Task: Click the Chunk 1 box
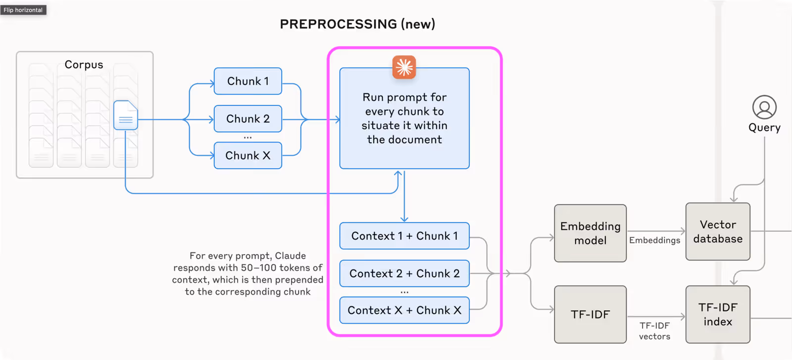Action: (247, 81)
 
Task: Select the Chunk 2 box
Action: (247, 119)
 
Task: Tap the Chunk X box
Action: (247, 155)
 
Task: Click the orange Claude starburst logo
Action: (404, 67)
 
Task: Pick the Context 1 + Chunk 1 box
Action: (404, 236)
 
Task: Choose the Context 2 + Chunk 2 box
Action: (404, 273)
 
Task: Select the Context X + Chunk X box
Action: (404, 310)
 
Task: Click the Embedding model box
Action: (590, 233)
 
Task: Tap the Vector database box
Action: (718, 232)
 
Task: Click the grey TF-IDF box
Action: (590, 314)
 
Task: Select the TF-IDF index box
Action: (718, 314)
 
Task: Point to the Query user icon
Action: (764, 107)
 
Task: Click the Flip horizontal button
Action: (23, 10)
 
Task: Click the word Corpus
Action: (84, 65)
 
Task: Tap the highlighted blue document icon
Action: (126, 115)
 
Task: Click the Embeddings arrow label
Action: (654, 240)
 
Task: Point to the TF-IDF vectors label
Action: (654, 331)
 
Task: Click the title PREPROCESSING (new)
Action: (357, 24)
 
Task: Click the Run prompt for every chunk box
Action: (404, 119)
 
